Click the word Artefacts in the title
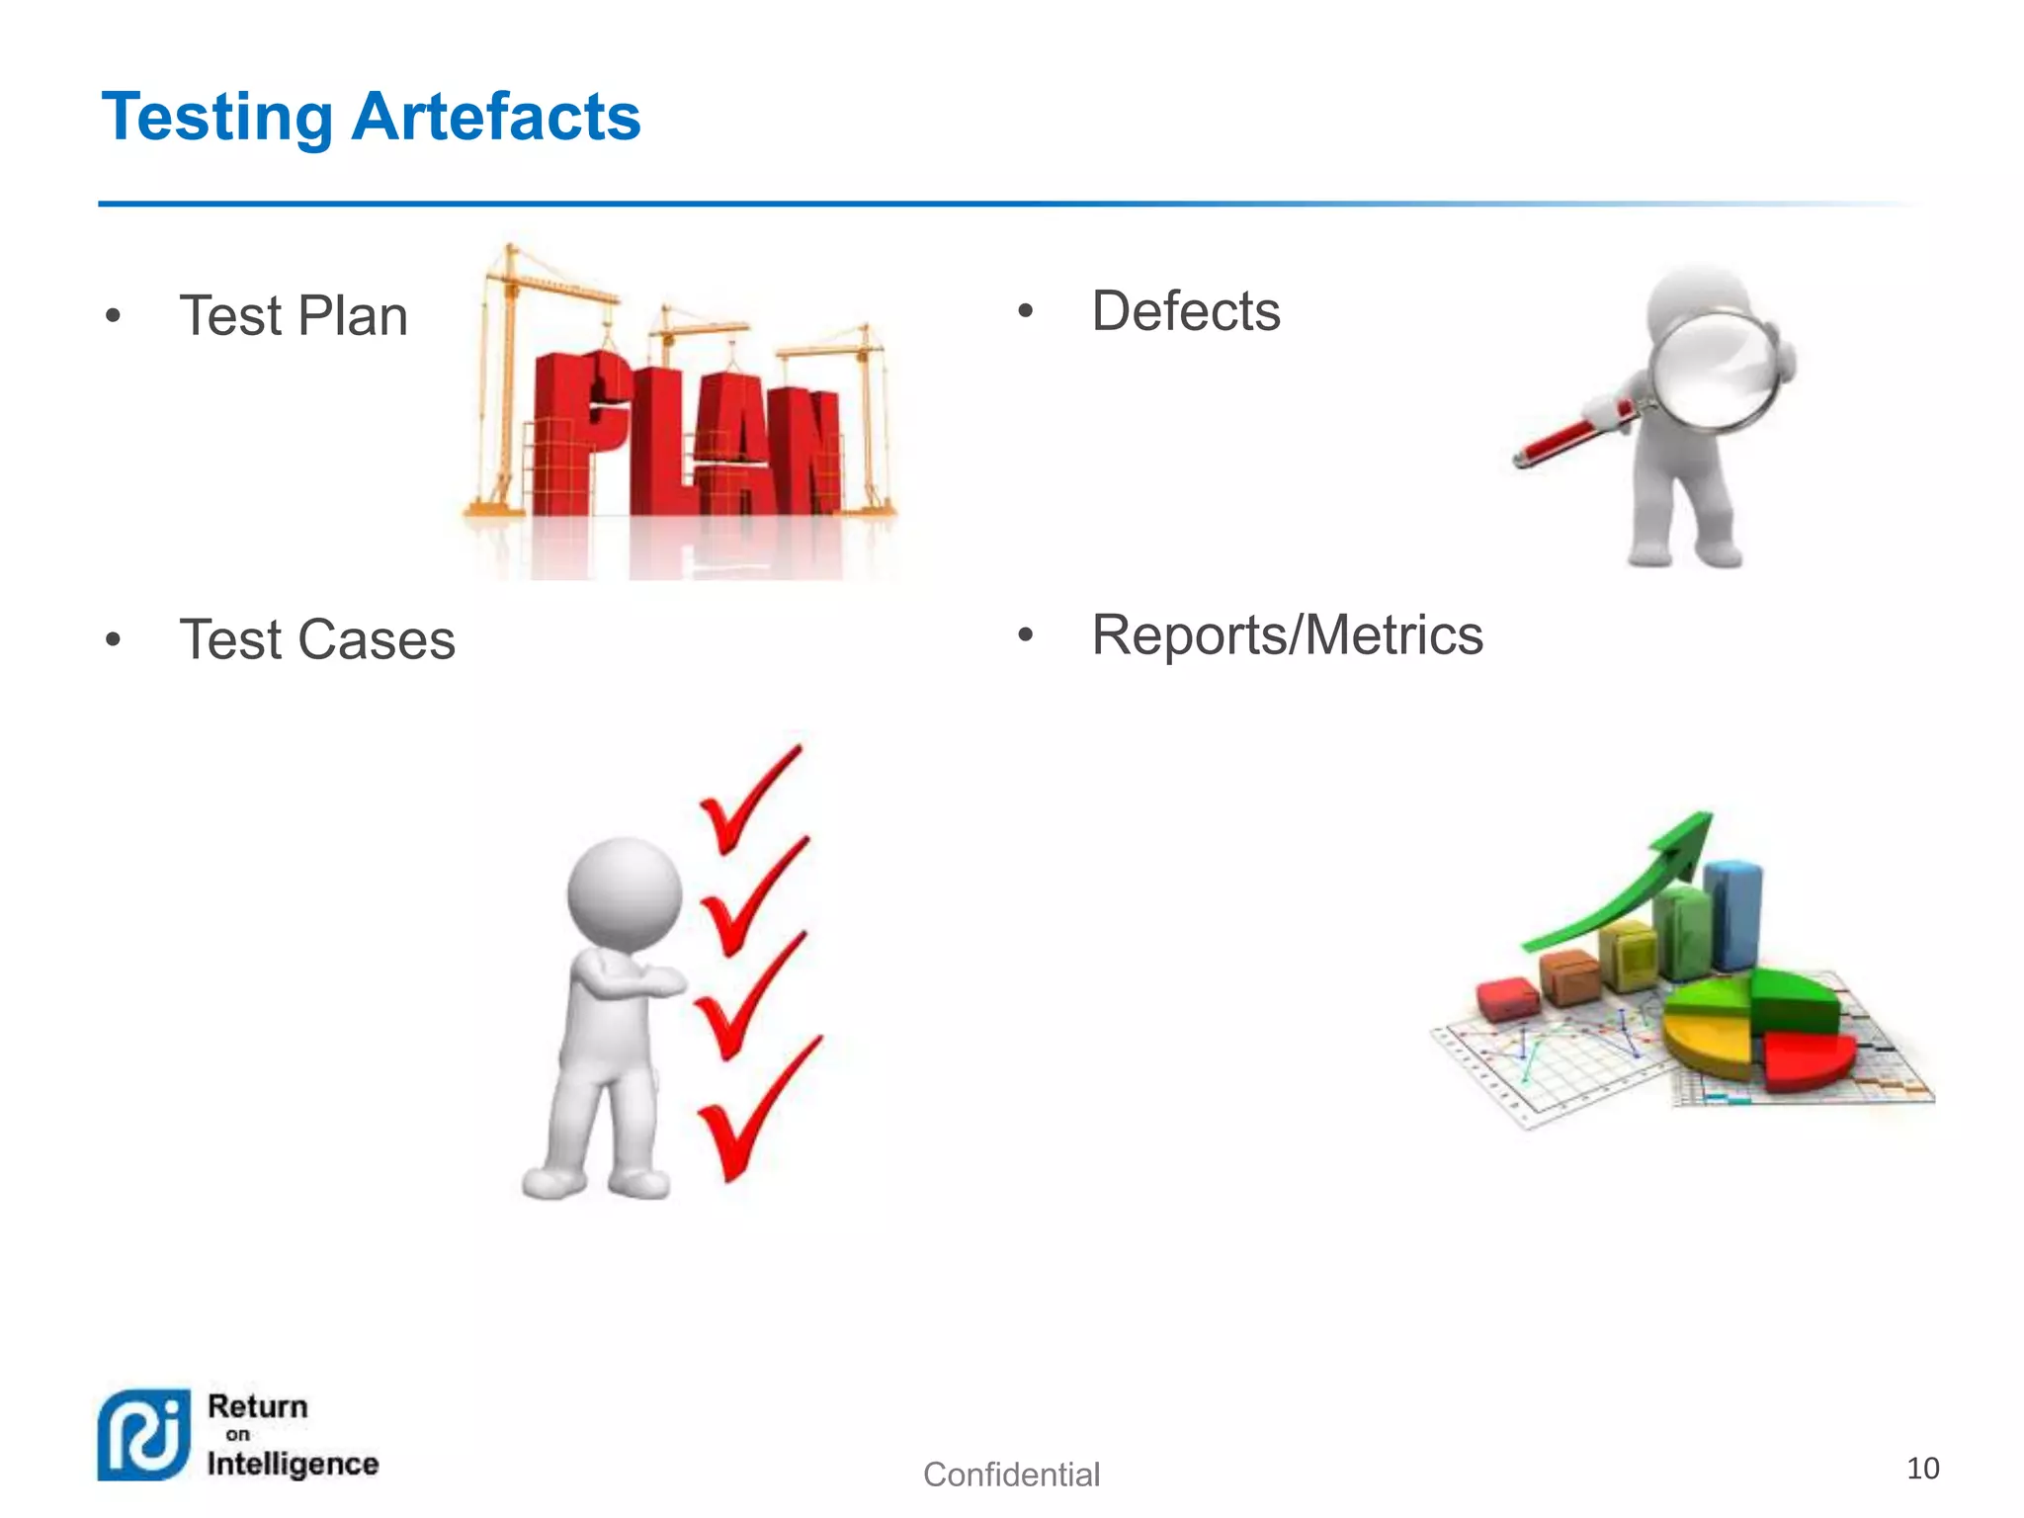coord(496,117)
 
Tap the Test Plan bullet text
coord(294,316)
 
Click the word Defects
coord(1185,311)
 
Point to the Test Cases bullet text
coord(317,639)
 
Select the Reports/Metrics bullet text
coord(1287,634)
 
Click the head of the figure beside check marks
coord(625,894)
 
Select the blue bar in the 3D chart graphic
coord(1734,914)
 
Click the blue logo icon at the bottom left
coord(144,1435)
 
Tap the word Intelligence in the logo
coord(293,1464)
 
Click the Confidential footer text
coord(1011,1475)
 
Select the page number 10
coord(1922,1469)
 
